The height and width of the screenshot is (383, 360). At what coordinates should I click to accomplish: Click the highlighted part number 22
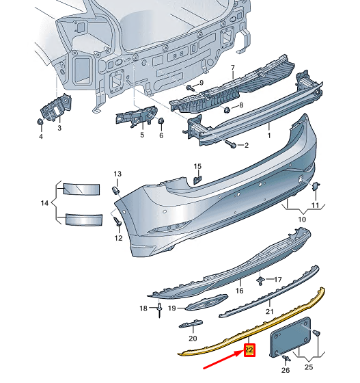249,350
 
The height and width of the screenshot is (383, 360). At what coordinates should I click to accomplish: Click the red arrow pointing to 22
220,364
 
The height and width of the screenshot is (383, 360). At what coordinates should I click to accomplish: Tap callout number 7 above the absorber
232,68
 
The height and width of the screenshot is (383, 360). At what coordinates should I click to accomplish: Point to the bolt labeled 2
232,145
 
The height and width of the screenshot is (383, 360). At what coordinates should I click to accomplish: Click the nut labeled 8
226,108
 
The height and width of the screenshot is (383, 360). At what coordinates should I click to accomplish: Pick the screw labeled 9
189,88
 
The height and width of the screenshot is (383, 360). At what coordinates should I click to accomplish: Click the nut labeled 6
161,121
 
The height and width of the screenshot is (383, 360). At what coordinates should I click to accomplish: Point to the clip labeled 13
115,189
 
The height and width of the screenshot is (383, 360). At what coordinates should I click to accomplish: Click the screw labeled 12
117,223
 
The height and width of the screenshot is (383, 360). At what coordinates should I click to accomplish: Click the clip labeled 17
261,280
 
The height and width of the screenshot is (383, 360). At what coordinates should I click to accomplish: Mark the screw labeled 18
158,309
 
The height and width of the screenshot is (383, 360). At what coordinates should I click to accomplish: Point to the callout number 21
269,312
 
